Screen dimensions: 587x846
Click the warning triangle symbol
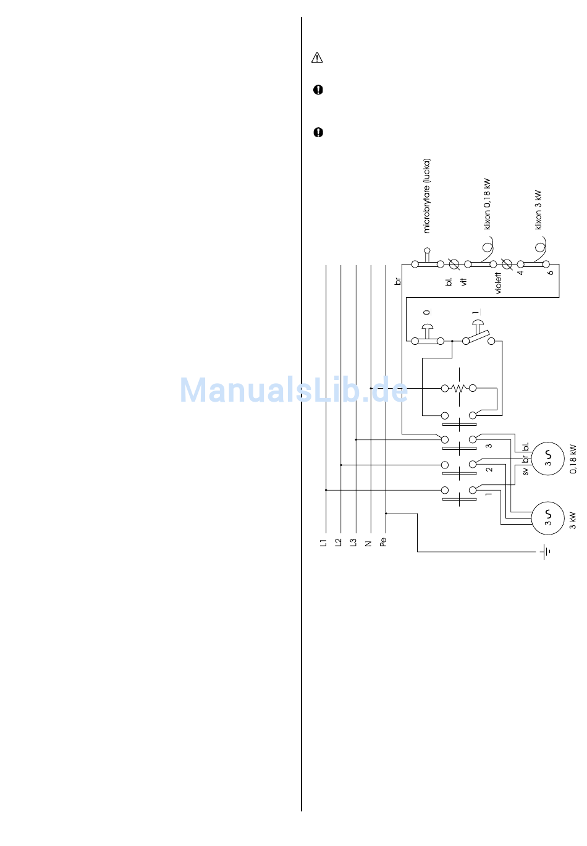pos(317,58)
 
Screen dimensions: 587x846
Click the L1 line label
pos(323,543)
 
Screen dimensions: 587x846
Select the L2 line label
pos(338,543)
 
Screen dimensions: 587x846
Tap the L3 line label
pos(353,543)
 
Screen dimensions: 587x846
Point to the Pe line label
pos(383,542)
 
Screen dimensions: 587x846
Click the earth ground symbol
pos(546,551)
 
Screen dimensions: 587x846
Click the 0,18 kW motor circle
pos(547,459)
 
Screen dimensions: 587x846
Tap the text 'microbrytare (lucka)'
pos(427,196)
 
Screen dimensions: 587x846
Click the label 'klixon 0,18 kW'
pos(487,205)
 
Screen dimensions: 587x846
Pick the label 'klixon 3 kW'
pos(538,210)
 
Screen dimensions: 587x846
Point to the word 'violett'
pos(499,283)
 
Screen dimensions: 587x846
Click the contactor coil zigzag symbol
pos(458,388)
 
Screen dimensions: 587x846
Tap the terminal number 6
pos(551,272)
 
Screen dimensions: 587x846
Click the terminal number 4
pos(520,272)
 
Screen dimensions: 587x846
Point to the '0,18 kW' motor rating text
pos(573,459)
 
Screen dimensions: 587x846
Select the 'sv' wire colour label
pos(525,471)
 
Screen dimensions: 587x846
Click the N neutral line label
pos(368,543)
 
